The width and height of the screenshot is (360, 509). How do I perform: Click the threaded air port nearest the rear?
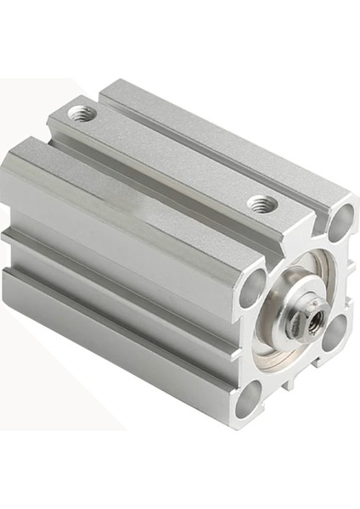[x=82, y=112]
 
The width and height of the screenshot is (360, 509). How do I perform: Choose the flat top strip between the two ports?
[x=170, y=157]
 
